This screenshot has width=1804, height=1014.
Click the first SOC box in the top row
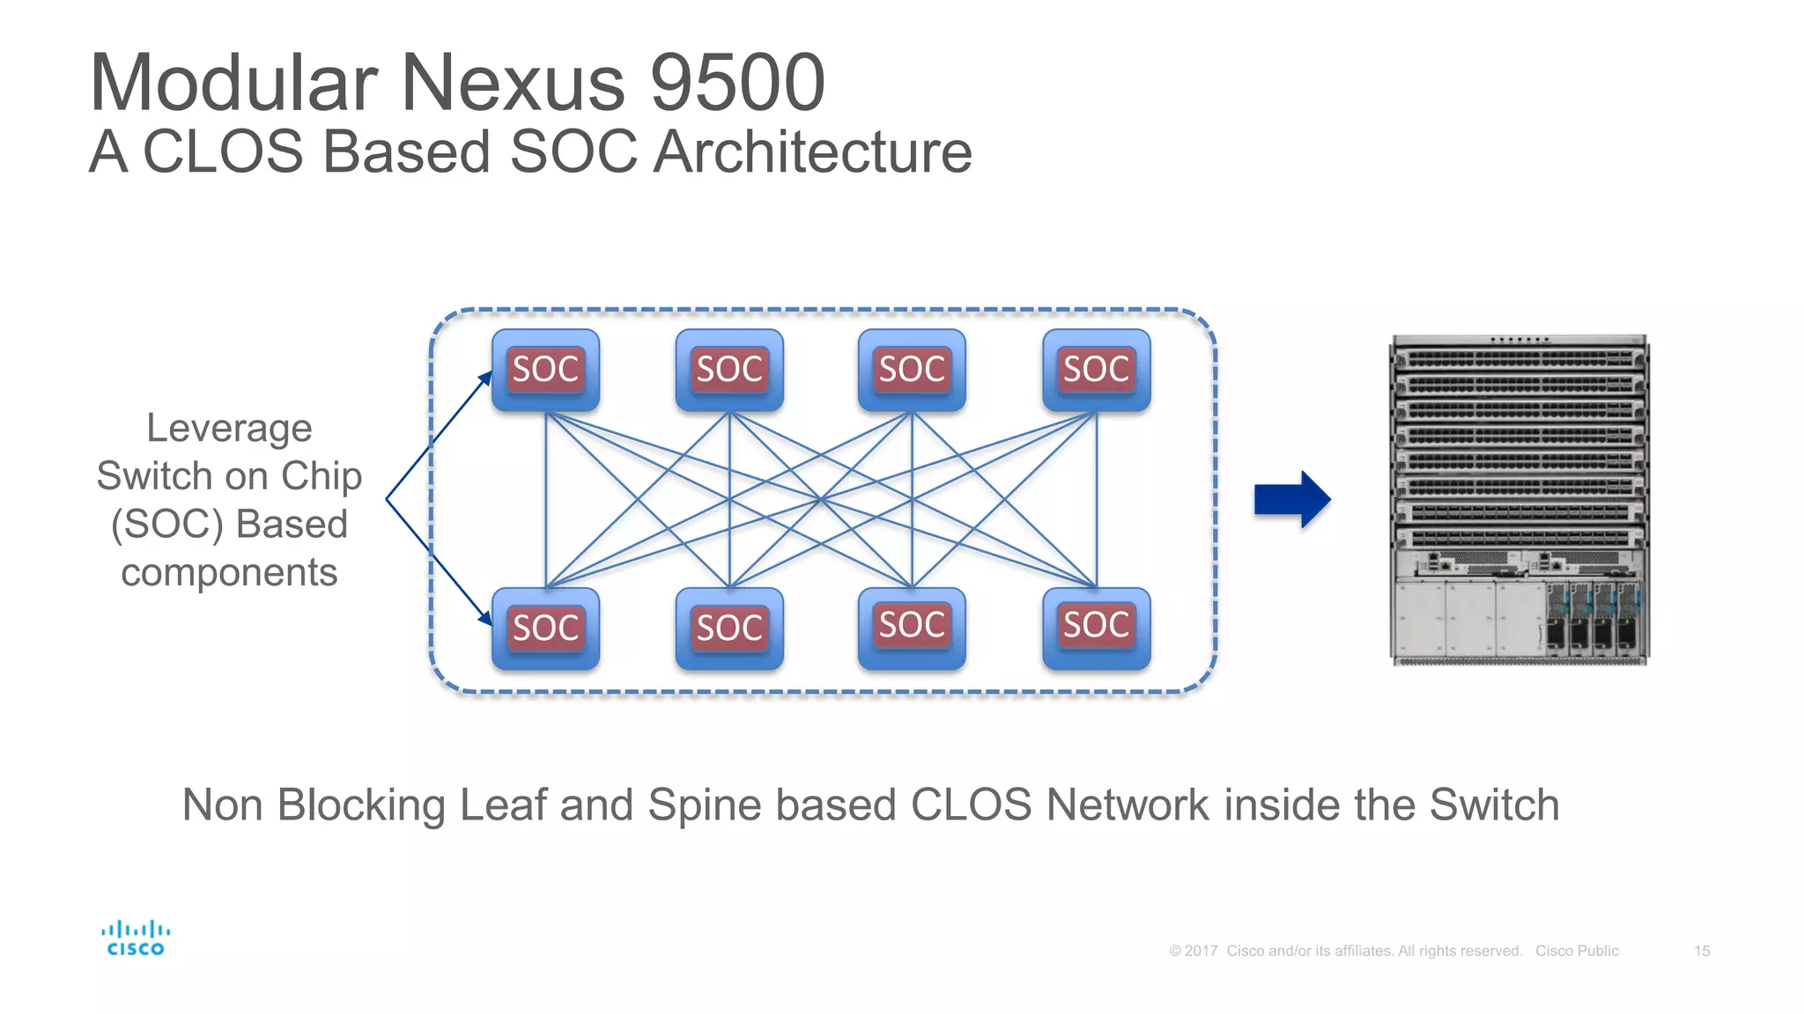(545, 370)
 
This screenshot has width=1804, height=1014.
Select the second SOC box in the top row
(729, 370)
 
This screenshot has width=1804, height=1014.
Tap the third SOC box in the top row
(912, 370)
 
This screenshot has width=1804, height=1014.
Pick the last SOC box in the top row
(1096, 370)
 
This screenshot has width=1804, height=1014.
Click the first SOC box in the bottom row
(545, 628)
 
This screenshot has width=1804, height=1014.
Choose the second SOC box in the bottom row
(729, 628)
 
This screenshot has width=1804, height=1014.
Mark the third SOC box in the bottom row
(912, 626)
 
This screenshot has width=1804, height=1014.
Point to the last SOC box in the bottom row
(1096, 626)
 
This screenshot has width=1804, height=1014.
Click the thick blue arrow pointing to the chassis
(1291, 499)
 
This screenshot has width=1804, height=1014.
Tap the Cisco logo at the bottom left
(135, 938)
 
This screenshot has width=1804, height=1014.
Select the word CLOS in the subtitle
(223, 151)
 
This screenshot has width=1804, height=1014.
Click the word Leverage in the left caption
(229, 429)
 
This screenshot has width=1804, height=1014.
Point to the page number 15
(1701, 951)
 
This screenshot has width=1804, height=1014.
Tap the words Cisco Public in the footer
(1577, 951)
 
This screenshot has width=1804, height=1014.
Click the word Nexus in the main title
(513, 83)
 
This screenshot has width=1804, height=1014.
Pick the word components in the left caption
(229, 573)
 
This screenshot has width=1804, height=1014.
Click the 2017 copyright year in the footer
(1201, 951)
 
